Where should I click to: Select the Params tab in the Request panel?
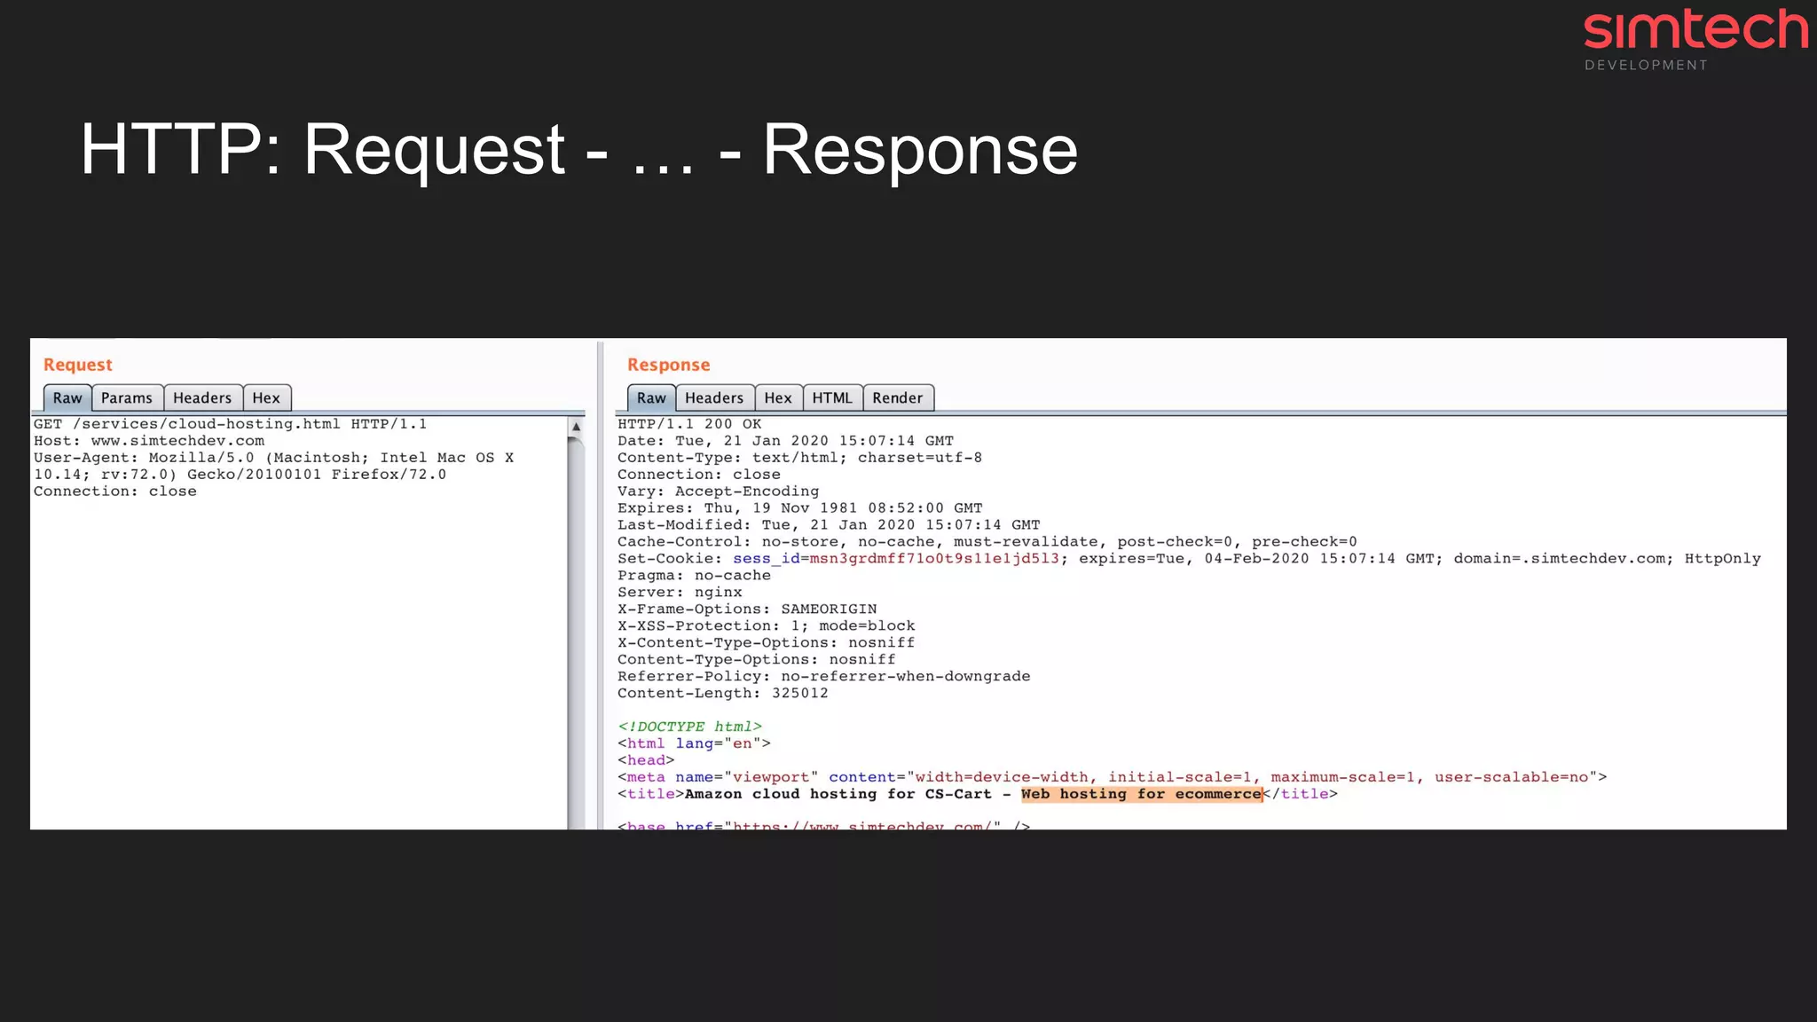pyautogui.click(x=127, y=398)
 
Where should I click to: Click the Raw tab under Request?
pyautogui.click(x=67, y=398)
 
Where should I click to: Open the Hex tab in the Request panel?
pyautogui.click(x=266, y=398)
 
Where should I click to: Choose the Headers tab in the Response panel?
pyautogui.click(x=714, y=398)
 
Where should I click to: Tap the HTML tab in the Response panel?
pyautogui.click(x=832, y=398)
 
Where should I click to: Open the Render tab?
pyautogui.click(x=898, y=398)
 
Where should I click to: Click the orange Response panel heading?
pyautogui.click(x=668, y=365)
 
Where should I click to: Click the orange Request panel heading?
pyautogui.click(x=78, y=365)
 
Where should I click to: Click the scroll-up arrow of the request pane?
pyautogui.click(x=576, y=427)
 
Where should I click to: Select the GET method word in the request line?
pyautogui.click(x=48, y=424)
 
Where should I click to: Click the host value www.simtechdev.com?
pyautogui.click(x=177, y=441)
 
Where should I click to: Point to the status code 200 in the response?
pyautogui.click(x=719, y=424)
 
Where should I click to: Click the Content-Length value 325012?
pyautogui.click(x=799, y=694)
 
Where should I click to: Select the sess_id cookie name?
pyautogui.click(x=766, y=559)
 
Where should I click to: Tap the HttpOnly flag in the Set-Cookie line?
pyautogui.click(x=1722, y=559)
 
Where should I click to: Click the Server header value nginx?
pyautogui.click(x=718, y=593)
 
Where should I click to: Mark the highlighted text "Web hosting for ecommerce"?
pyautogui.click(x=1141, y=794)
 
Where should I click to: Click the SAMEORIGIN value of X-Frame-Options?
pyautogui.click(x=829, y=609)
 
